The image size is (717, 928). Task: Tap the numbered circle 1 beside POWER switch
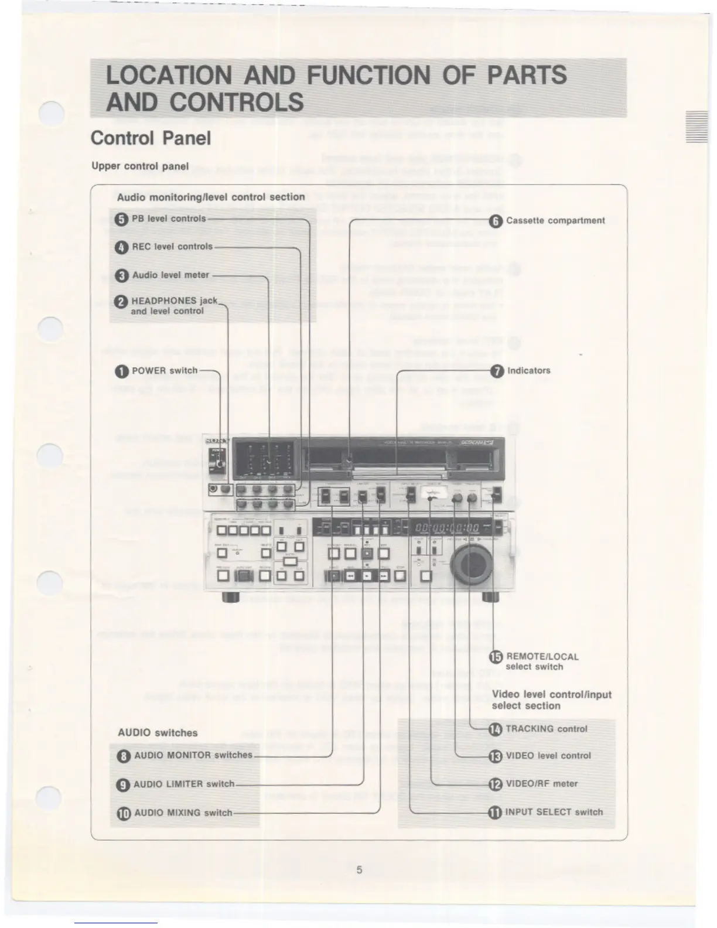click(x=122, y=371)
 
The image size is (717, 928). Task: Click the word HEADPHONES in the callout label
click(x=164, y=301)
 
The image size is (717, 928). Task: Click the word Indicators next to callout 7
click(x=528, y=370)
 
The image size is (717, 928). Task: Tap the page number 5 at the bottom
click(x=359, y=870)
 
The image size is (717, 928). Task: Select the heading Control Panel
click(x=151, y=138)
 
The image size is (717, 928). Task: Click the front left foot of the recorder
click(x=230, y=598)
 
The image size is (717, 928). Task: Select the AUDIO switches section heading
click(x=158, y=733)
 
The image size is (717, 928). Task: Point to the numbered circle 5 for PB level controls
click(x=121, y=220)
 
